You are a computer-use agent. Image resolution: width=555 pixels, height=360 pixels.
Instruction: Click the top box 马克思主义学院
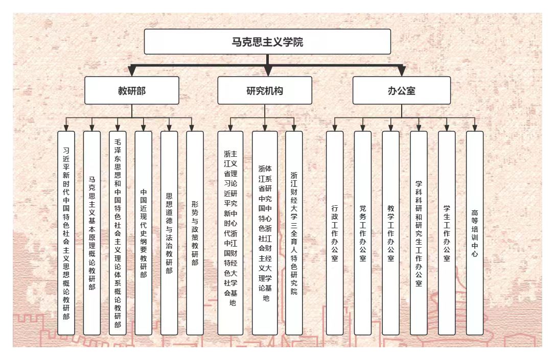point(267,41)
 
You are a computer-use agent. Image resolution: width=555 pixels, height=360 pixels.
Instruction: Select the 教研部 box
point(132,90)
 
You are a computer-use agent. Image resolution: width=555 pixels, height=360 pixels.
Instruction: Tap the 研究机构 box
point(265,90)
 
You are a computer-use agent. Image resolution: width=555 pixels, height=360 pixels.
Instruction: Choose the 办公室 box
point(401,90)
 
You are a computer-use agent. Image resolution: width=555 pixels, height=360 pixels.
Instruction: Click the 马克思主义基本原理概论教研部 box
point(92,233)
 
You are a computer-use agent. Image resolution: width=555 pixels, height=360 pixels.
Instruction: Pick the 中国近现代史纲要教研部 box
point(144,233)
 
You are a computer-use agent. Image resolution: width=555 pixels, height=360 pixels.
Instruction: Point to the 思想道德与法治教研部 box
point(169,233)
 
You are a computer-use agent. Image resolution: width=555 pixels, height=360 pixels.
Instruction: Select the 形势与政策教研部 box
point(195,233)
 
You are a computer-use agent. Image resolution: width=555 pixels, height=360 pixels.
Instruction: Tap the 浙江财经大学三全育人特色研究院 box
point(294,233)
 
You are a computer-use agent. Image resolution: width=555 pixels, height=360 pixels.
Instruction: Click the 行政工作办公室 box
point(335,233)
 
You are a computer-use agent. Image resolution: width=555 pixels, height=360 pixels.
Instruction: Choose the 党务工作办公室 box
point(363,233)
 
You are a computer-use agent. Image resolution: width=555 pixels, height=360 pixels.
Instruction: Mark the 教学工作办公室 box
point(391,233)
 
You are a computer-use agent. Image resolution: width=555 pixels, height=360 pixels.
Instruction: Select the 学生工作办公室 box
point(447,233)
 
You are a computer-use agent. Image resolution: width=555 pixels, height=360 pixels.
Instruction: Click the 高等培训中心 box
point(475,233)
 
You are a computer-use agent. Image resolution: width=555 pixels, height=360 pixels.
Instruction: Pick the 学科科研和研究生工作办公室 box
point(419,233)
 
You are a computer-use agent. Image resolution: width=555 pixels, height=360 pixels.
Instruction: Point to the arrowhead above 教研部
point(132,71)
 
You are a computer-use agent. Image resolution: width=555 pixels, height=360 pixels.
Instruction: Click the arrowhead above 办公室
point(401,71)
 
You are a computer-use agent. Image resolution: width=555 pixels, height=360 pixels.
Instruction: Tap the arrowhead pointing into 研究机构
point(267,71)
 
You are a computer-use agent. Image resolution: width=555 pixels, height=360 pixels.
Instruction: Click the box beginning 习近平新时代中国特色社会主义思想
point(66,233)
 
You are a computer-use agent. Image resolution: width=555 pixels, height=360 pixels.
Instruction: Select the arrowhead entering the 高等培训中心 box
point(475,128)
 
